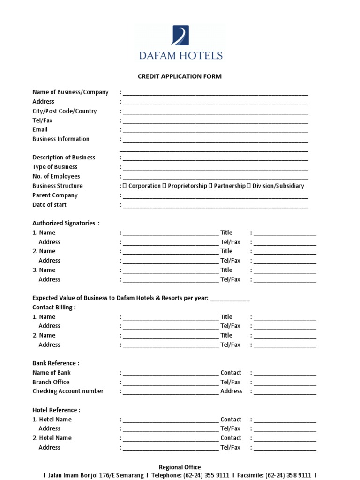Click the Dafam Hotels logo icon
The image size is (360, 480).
[x=180, y=36]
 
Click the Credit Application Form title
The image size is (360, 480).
[x=180, y=76]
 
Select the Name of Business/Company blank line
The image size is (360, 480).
[x=215, y=93]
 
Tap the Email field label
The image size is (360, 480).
[x=40, y=130]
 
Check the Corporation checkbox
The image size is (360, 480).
[x=125, y=186]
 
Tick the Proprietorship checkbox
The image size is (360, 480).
[x=165, y=186]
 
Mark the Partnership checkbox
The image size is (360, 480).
[x=210, y=186]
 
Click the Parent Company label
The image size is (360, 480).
[x=55, y=195]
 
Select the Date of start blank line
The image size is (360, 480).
[x=215, y=205]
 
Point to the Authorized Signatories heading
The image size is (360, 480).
[x=66, y=223]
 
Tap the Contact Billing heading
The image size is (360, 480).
[x=54, y=307]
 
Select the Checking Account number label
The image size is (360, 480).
[x=68, y=391]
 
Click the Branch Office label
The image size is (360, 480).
[x=51, y=382]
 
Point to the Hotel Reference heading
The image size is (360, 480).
[x=56, y=410]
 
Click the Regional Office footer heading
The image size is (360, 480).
[x=180, y=467]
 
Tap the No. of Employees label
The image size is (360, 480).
[x=56, y=177]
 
